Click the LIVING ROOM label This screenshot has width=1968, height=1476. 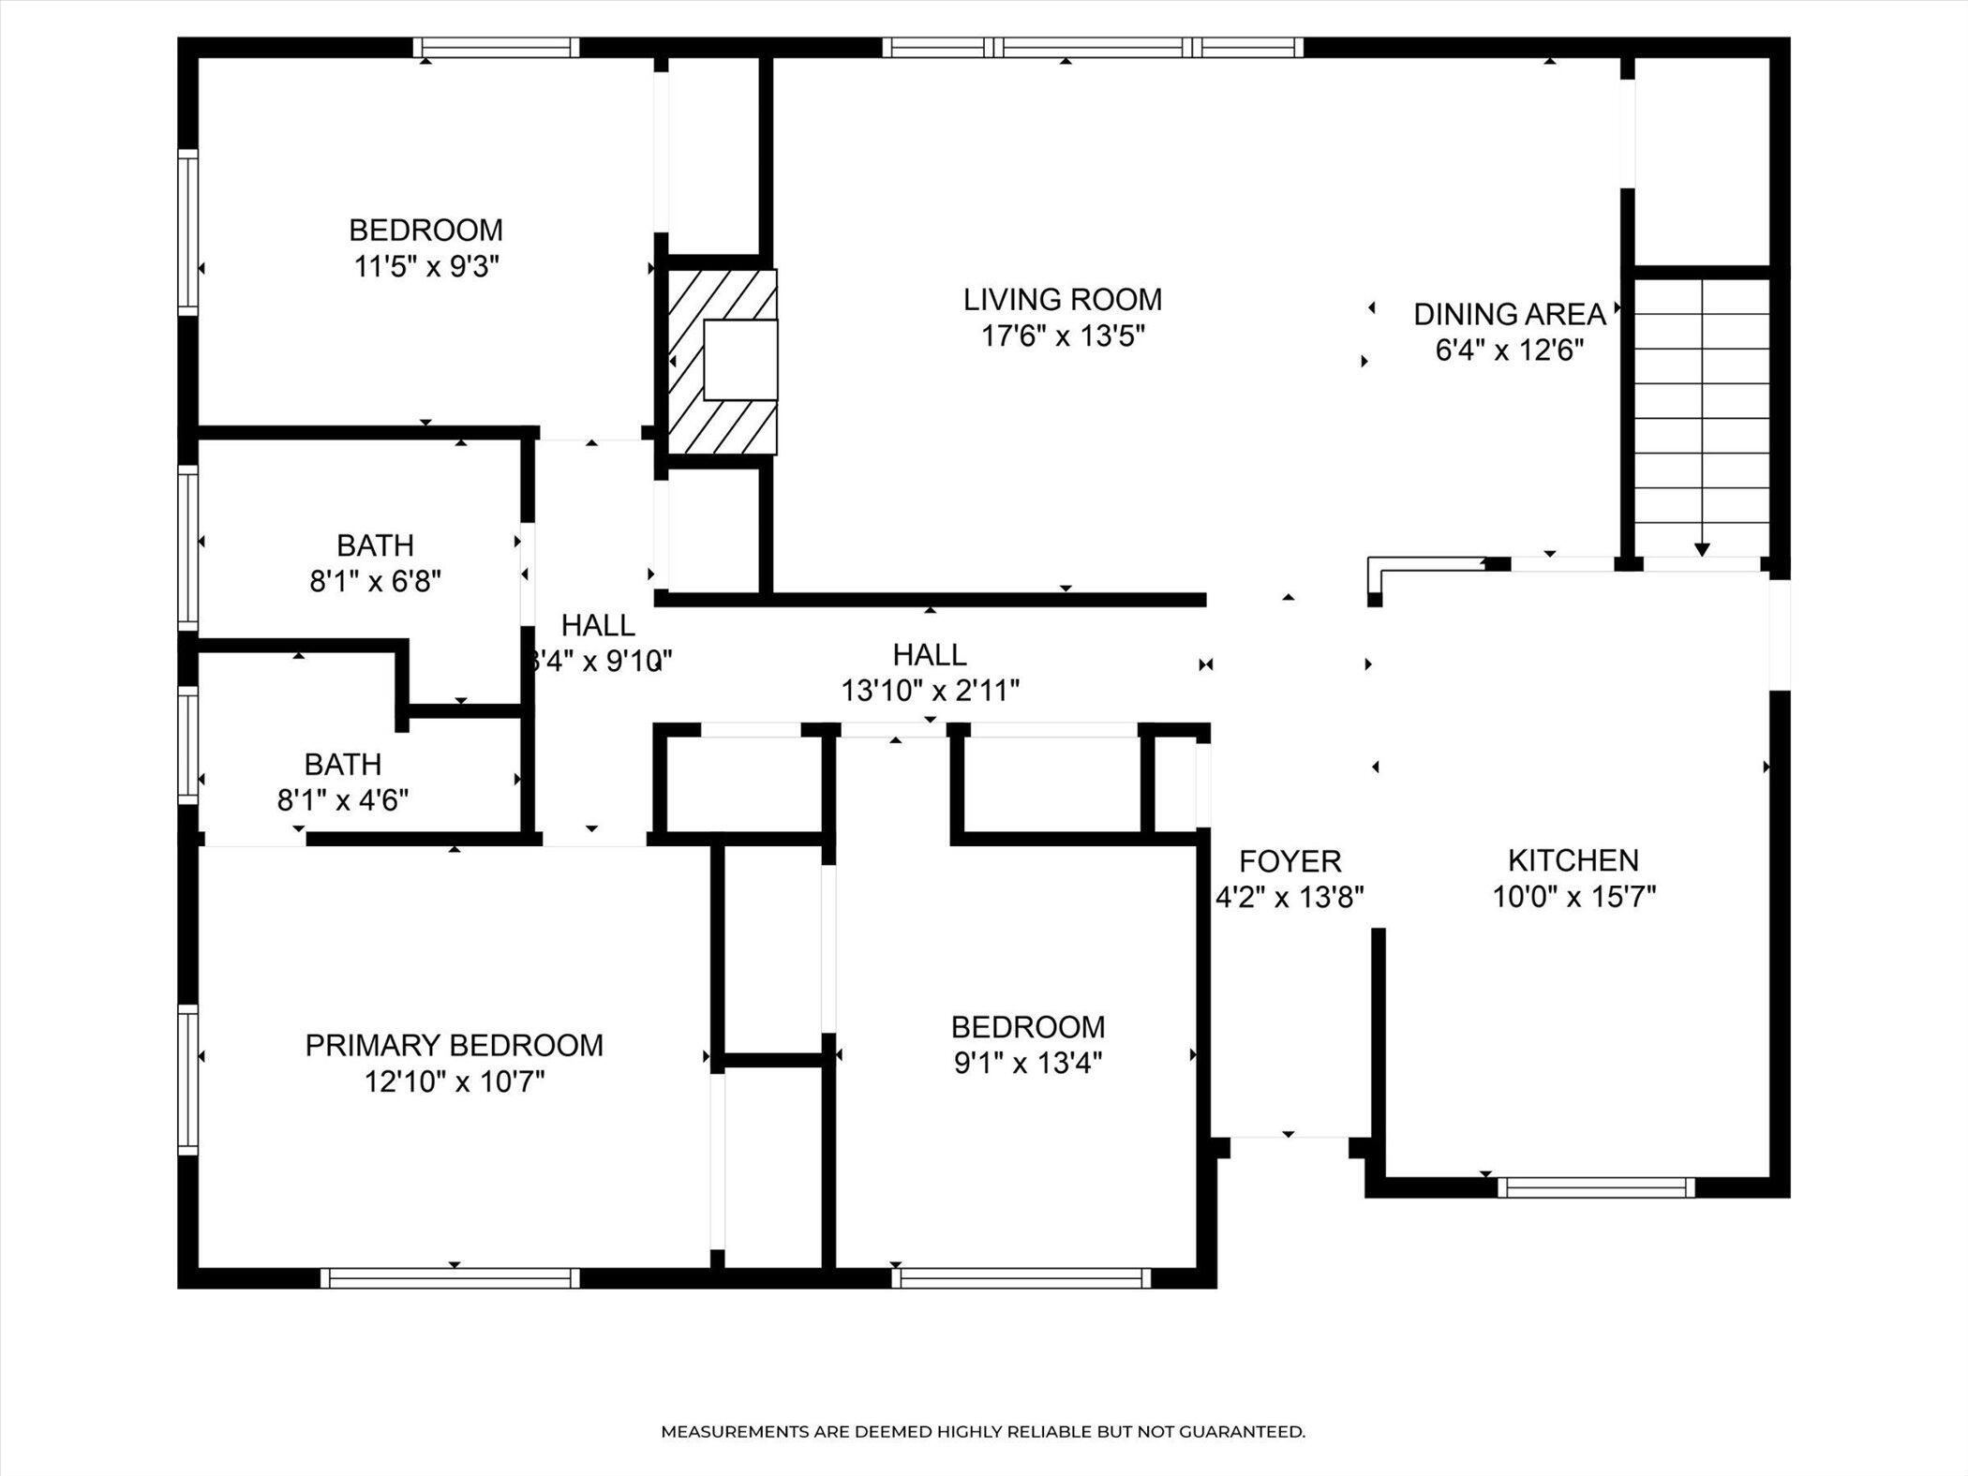tap(1063, 300)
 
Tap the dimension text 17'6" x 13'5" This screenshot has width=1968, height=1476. tap(1063, 335)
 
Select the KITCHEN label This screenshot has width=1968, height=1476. tap(1573, 860)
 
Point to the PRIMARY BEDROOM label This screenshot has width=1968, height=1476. tap(455, 1046)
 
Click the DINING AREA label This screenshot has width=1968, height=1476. tap(1510, 315)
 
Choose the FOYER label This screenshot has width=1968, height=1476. tap(1290, 861)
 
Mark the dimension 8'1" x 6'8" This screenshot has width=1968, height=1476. tap(376, 582)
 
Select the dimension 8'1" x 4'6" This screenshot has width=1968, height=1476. tap(343, 800)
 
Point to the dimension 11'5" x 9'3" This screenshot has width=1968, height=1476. tap(425, 267)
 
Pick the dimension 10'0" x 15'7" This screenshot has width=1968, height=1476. tap(1574, 897)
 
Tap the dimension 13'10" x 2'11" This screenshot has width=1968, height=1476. tap(931, 691)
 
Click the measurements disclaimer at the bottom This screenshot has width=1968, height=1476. tap(983, 1432)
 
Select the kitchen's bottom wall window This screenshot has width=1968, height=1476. tap(1596, 1188)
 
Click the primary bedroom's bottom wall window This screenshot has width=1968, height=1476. tap(451, 1278)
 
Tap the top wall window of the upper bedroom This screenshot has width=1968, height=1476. tap(496, 48)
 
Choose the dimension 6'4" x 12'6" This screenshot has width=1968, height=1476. tap(1510, 350)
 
